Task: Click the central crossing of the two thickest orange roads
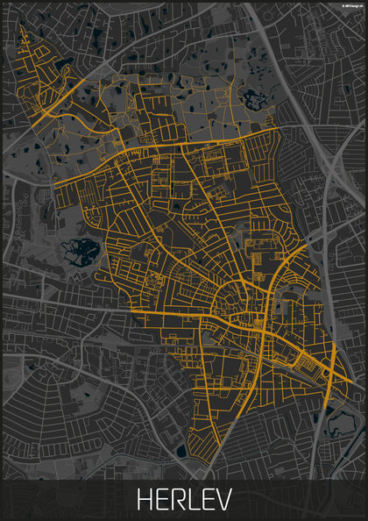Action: click(x=265, y=332)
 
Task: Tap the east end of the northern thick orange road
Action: click(x=278, y=129)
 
